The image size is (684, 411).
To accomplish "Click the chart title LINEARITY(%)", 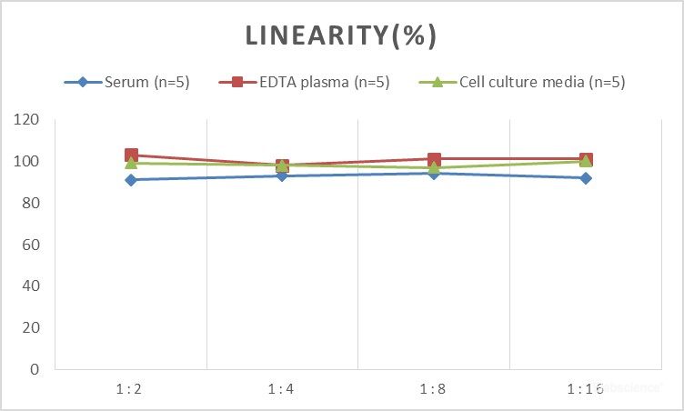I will [x=341, y=36].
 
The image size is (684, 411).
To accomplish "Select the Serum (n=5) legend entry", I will [x=136, y=83].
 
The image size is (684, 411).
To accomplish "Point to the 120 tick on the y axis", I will [x=27, y=120].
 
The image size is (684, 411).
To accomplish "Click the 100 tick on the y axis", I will [x=27, y=162].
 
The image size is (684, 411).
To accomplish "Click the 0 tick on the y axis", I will [x=35, y=369].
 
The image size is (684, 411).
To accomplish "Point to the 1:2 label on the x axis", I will [x=129, y=388].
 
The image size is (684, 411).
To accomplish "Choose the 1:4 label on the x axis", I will [x=281, y=388].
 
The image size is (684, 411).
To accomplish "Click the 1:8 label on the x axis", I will [x=433, y=388].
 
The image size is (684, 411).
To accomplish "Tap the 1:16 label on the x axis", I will [x=586, y=388].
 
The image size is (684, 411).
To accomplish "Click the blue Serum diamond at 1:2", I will [x=131, y=180].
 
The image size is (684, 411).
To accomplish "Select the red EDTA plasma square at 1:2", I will [x=131, y=155].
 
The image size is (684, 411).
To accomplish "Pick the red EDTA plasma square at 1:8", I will [x=434, y=159].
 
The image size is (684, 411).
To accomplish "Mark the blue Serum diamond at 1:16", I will [x=586, y=178].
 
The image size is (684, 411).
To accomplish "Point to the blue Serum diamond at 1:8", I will [x=434, y=174].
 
